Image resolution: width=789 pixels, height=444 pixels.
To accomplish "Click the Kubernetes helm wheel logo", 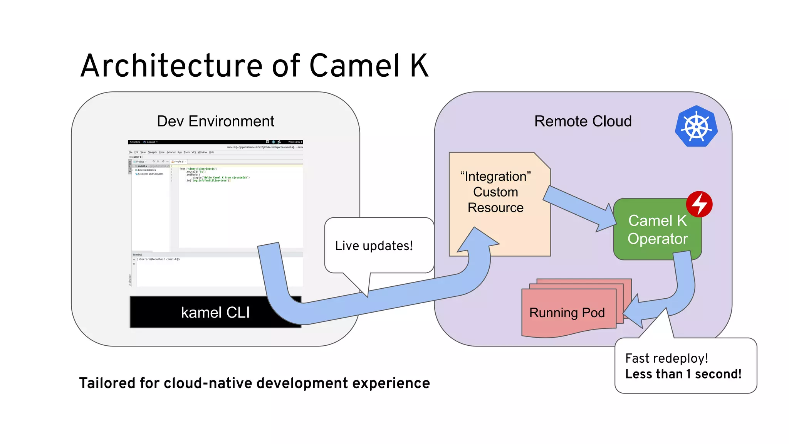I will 696,126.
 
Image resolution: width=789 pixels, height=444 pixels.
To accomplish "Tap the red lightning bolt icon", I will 699,204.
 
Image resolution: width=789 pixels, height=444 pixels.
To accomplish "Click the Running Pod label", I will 567,313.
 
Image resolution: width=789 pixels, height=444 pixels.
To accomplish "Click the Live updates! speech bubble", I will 374,246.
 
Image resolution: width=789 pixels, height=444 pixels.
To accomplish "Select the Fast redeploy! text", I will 666,358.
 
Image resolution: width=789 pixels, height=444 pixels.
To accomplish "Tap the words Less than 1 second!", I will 683,374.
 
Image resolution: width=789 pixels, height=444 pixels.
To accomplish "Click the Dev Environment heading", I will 215,121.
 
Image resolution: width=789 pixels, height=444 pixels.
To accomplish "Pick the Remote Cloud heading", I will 583,121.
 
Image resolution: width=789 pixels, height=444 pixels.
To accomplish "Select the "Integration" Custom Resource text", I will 495,192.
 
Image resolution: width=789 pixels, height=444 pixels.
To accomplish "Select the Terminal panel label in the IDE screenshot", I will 138,255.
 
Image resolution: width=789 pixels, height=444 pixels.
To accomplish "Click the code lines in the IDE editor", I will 214,175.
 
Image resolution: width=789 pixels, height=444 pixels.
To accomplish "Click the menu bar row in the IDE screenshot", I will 171,152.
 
